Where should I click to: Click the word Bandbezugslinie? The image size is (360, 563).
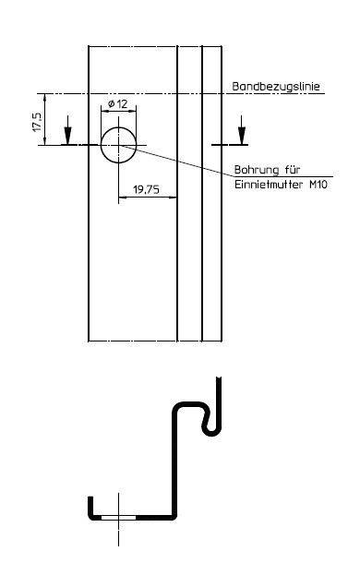pos(276,87)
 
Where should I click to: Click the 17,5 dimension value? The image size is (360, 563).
pos(37,122)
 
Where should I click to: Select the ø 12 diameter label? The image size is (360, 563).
pos(118,104)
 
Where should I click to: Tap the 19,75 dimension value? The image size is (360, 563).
pos(146,189)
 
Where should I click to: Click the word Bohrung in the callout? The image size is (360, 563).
pos(257,170)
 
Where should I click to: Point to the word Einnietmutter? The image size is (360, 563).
pos(268,185)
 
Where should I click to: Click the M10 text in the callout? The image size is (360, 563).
pos(318,185)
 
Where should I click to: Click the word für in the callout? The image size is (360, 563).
pos(293,169)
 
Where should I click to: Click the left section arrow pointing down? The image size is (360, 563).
pos(67,130)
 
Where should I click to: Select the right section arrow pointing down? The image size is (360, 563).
pos(242,130)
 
